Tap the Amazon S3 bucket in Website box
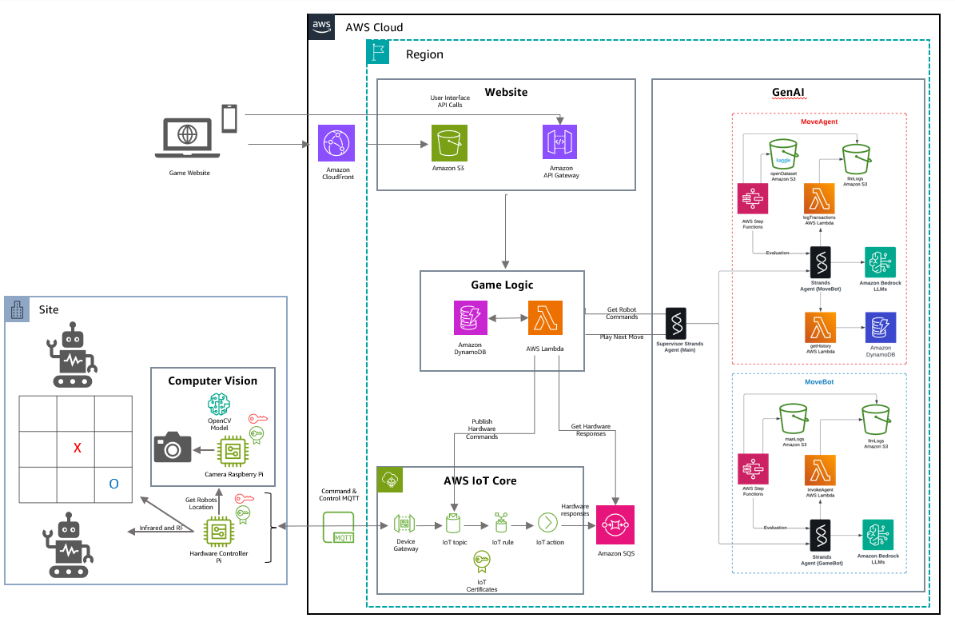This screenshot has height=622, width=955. [x=449, y=144]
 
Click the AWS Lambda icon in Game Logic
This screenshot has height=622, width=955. [x=545, y=318]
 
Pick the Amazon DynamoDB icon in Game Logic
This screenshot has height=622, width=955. [x=470, y=318]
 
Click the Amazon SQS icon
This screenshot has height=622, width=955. [x=615, y=524]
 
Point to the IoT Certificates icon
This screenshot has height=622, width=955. [x=481, y=562]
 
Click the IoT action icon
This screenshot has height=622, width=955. [x=548, y=523]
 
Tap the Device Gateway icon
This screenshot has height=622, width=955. [x=404, y=524]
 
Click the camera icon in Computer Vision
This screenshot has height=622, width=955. [x=172, y=448]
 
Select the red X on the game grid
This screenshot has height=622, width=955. [x=78, y=449]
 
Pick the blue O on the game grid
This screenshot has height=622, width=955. [x=113, y=484]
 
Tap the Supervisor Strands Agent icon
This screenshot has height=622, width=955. [x=676, y=322]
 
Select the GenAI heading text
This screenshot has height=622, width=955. [x=788, y=92]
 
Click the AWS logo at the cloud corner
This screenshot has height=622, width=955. [x=322, y=26]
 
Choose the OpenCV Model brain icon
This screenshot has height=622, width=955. [x=219, y=405]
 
